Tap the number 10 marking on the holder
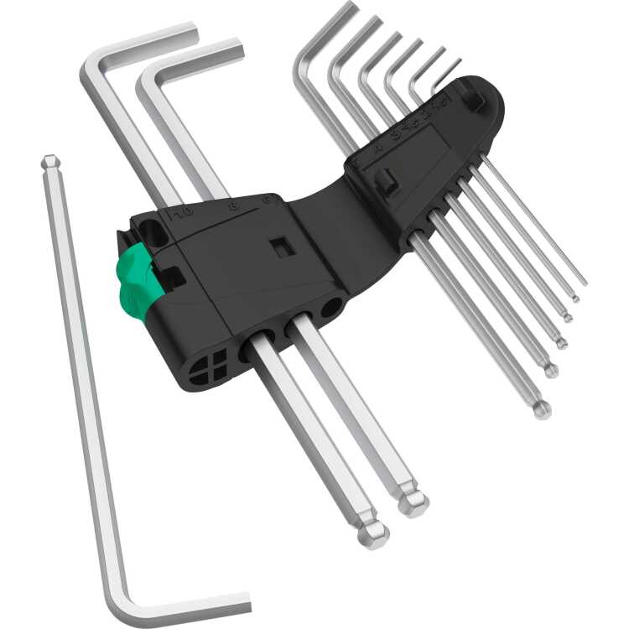[x=179, y=211]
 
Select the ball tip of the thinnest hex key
[x=575, y=298]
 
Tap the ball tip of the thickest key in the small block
[x=543, y=410]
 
